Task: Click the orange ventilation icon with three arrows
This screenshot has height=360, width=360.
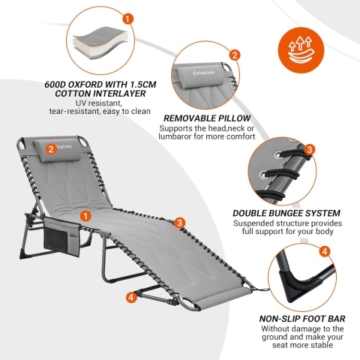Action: tap(301, 50)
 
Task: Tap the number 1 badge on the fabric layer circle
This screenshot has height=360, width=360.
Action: tap(127, 19)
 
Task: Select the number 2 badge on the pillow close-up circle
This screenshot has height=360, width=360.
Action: tap(235, 55)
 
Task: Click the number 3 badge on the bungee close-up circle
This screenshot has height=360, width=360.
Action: tap(310, 149)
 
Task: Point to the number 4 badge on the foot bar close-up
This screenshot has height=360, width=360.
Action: tap(325, 251)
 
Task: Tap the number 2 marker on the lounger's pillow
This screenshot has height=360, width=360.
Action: tap(51, 149)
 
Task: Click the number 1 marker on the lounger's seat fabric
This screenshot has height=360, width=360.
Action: tap(85, 216)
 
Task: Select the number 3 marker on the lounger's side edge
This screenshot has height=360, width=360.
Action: tap(179, 223)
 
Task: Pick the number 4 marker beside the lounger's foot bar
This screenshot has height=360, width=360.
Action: tap(131, 297)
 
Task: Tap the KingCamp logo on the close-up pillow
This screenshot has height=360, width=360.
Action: tap(204, 73)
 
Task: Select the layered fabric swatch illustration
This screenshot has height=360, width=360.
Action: tap(99, 43)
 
